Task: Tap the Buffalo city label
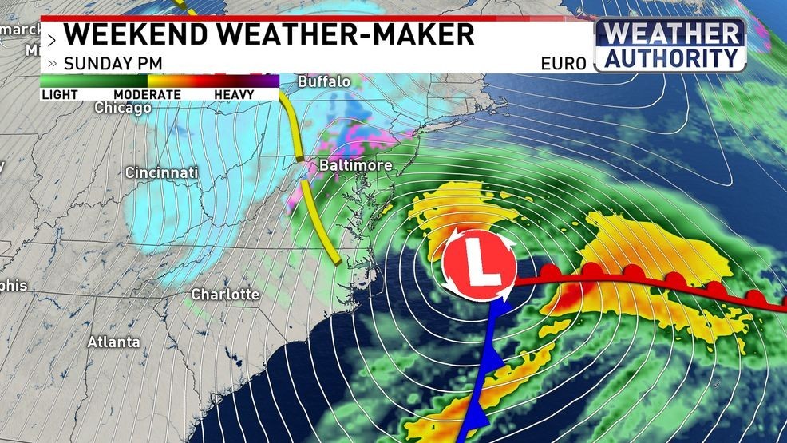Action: pos(324,81)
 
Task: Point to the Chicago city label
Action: pos(123,107)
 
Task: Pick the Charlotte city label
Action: pos(225,295)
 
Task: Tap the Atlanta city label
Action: pos(113,342)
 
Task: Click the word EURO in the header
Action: pos(564,63)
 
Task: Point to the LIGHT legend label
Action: pos(60,94)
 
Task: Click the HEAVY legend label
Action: pos(234,94)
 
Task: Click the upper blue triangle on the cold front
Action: pos(495,362)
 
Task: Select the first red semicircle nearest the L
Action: pos(550,273)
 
